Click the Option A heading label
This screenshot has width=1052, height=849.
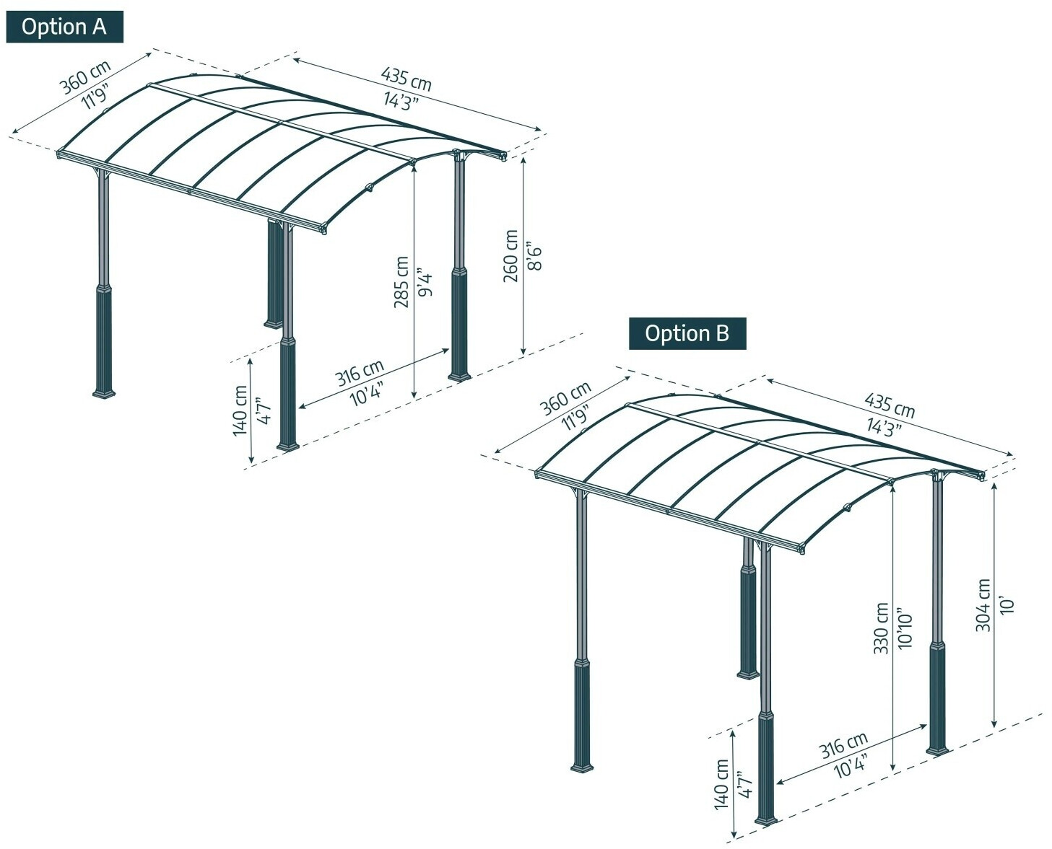point(64,27)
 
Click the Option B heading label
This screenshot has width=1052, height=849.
point(687,334)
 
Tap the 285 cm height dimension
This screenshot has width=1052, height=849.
point(402,281)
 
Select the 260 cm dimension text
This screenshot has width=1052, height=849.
point(511,256)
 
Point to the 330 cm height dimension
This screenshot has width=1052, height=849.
point(881,628)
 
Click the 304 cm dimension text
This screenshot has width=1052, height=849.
point(983,605)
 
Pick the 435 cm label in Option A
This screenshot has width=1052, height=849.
point(407,79)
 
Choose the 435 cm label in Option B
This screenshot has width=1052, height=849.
point(890,406)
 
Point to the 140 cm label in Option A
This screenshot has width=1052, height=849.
point(240,410)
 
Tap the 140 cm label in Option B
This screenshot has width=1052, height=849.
point(722,784)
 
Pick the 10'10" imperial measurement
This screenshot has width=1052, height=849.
point(905,628)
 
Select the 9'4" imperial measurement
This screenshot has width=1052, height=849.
point(425,281)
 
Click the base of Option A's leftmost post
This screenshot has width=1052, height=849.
point(104,392)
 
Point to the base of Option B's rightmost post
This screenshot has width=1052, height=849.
point(938,749)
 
